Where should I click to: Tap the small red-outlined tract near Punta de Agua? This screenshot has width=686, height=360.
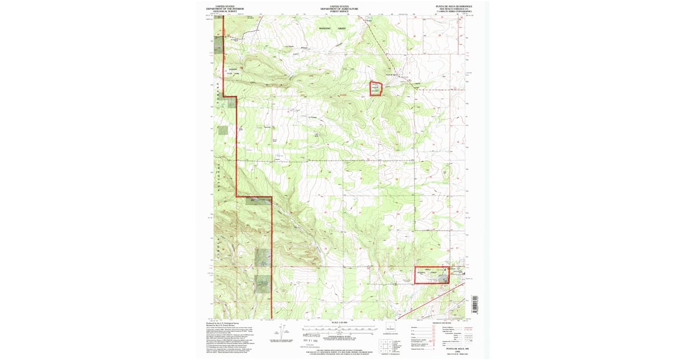tap(375, 88)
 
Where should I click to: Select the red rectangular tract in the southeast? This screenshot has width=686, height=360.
tap(431, 275)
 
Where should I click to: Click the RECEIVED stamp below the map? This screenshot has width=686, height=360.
tap(312, 335)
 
